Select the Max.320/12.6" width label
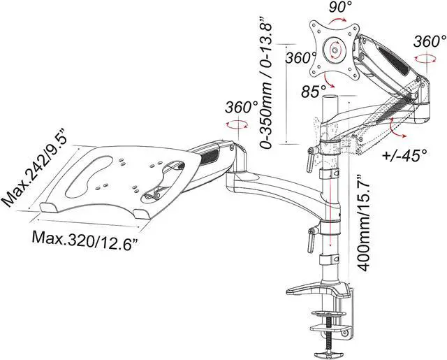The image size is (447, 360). point(84,238)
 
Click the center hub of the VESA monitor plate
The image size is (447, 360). point(336,50)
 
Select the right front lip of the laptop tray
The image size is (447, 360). point(143,212)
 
